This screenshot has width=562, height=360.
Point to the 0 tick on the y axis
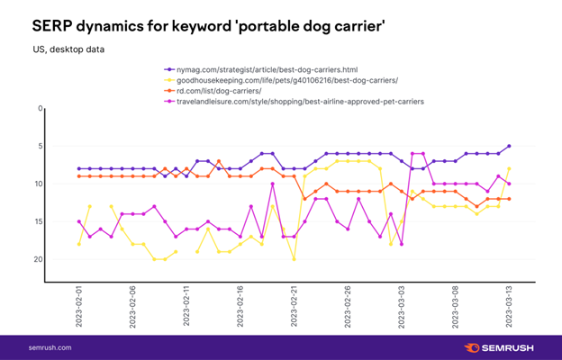coord(40,109)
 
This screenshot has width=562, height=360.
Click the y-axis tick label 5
coord(40,146)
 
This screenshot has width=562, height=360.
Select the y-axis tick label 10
coord(38,184)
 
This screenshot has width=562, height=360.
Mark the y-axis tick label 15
coord(38,221)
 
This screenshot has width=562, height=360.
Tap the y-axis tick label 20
coord(38,259)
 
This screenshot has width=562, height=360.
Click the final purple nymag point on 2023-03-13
coord(509,146)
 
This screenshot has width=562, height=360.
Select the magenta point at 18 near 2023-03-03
coord(402,244)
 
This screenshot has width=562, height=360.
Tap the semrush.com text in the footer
coord(50,347)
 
